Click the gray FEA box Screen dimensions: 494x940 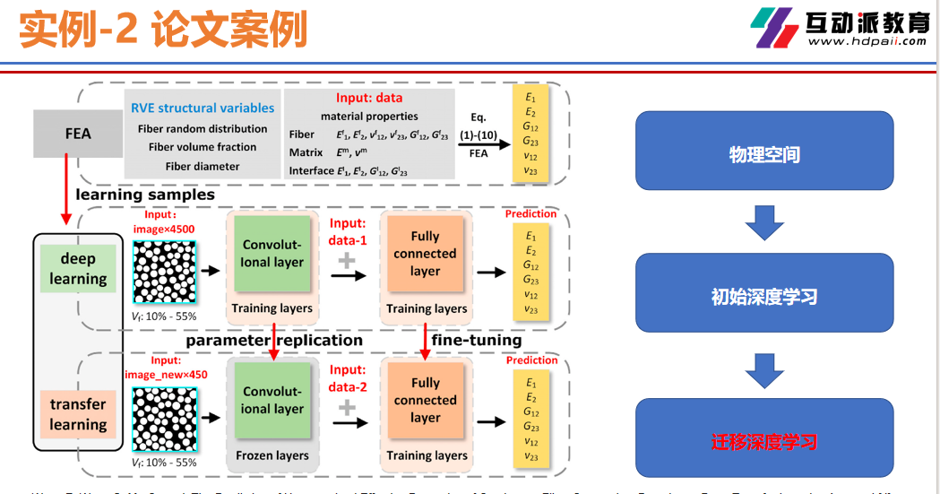click(x=78, y=134)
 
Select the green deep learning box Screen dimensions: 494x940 click(x=78, y=269)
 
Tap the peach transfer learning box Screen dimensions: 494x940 click(x=78, y=414)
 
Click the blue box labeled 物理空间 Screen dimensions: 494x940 click(x=763, y=155)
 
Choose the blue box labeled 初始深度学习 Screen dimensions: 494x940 click(x=763, y=297)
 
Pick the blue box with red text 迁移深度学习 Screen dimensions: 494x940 click(x=763, y=441)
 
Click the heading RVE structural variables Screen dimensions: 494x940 click(x=203, y=108)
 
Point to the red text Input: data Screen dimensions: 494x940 click(x=369, y=98)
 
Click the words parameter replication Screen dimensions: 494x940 click(x=274, y=341)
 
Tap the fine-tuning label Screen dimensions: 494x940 click(x=477, y=341)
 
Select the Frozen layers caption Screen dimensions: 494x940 click(x=272, y=455)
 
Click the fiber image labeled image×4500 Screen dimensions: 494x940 click(x=165, y=273)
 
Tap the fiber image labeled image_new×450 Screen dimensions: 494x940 click(x=165, y=420)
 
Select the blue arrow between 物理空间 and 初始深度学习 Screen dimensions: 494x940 click(x=763, y=223)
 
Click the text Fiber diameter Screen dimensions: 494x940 click(x=203, y=166)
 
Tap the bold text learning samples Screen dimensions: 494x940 click(x=145, y=195)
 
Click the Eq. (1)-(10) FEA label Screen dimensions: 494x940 click(x=478, y=134)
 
